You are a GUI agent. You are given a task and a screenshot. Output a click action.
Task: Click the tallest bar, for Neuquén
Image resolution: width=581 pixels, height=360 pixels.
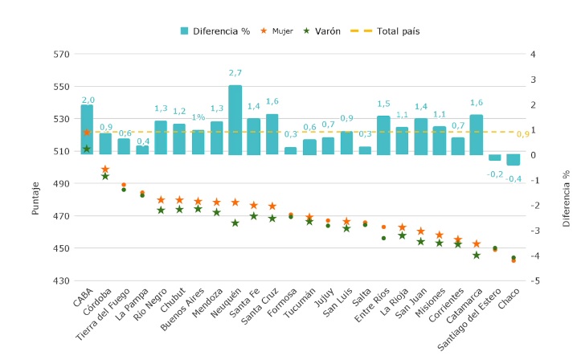[x=235, y=119]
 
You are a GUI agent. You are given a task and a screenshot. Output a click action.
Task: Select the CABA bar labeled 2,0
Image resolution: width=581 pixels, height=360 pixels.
[x=87, y=129]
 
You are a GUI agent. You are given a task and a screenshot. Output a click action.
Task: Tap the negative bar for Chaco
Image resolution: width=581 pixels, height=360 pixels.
[x=513, y=159]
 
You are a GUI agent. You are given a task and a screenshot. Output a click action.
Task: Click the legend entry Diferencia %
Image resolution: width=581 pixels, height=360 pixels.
[x=215, y=31]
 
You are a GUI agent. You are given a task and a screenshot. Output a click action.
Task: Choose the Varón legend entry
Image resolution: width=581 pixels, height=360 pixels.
[x=321, y=31]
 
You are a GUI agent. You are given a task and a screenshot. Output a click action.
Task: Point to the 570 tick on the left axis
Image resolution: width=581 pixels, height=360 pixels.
[x=62, y=55]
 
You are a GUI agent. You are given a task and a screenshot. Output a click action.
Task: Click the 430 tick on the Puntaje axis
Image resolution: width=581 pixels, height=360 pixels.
[x=62, y=281]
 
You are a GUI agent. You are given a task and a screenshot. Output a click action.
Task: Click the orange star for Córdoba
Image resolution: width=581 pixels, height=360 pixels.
[x=105, y=170]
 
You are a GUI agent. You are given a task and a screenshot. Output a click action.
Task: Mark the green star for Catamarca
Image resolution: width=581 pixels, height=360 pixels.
[x=477, y=255]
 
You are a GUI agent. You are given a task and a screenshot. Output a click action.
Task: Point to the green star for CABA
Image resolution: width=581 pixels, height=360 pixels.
[x=87, y=149]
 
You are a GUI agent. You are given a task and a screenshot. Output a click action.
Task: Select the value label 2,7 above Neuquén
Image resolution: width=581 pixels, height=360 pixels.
[x=235, y=73]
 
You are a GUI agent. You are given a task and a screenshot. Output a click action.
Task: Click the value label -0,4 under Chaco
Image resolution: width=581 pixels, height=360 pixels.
[x=513, y=178]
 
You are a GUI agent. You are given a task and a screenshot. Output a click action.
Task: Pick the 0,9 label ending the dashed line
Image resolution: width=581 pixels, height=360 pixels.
[x=523, y=134]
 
